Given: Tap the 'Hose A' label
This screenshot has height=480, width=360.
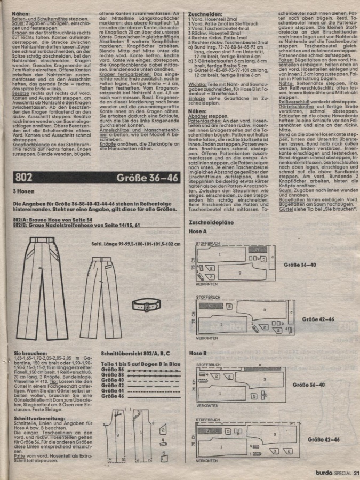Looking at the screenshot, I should point(197,232).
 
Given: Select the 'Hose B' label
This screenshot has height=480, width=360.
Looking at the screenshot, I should point(197,354).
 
